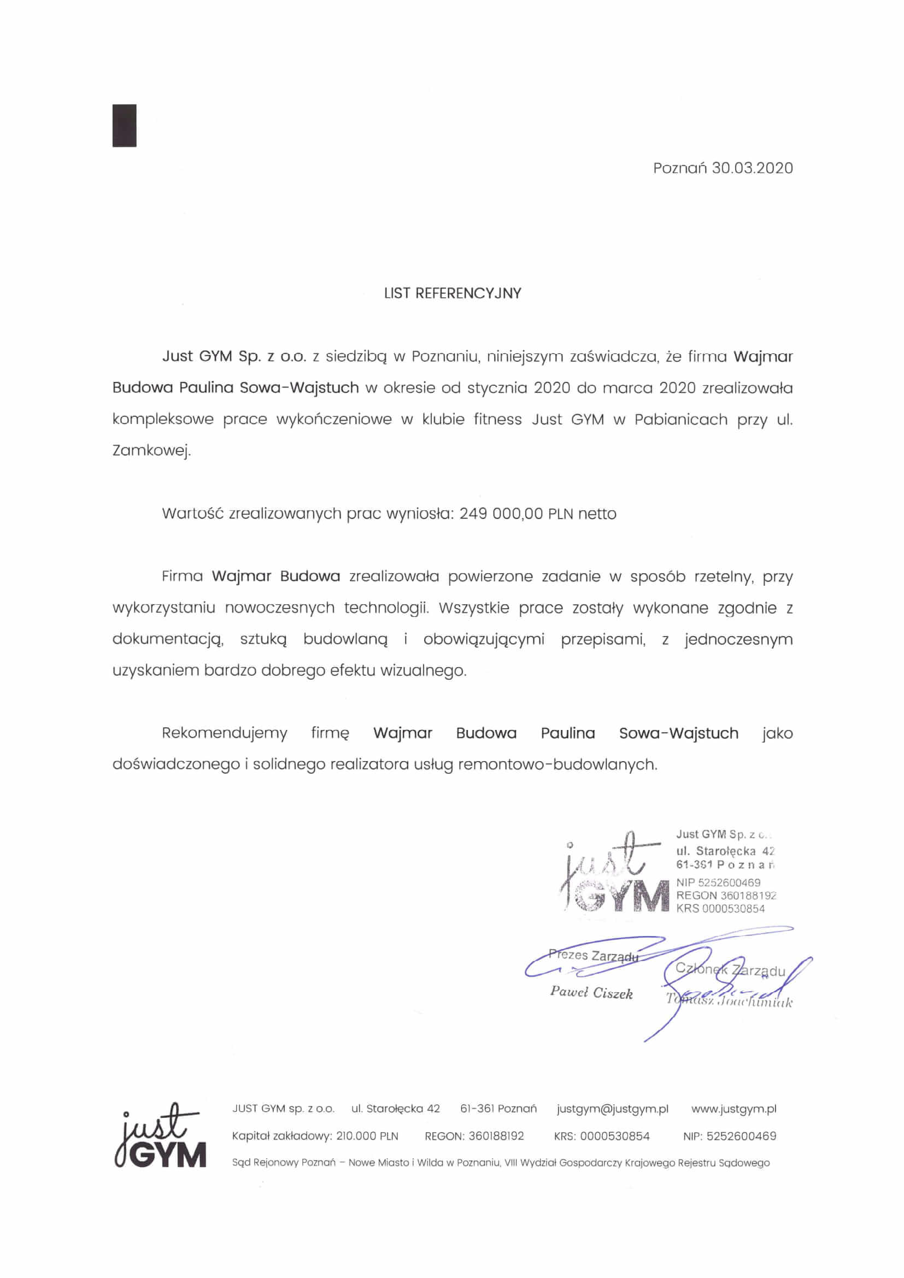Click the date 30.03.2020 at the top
752,168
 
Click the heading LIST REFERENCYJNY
452,293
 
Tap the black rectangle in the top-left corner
124,125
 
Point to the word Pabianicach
680,419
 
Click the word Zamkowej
151,451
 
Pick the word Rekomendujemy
224,733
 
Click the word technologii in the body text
387,608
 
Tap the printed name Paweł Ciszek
591,993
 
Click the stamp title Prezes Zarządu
593,956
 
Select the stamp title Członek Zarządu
730,970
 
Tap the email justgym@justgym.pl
612,1109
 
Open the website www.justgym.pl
733,1109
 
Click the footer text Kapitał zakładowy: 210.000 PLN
315,1136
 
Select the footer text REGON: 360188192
474,1136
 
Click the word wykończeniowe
334,419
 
